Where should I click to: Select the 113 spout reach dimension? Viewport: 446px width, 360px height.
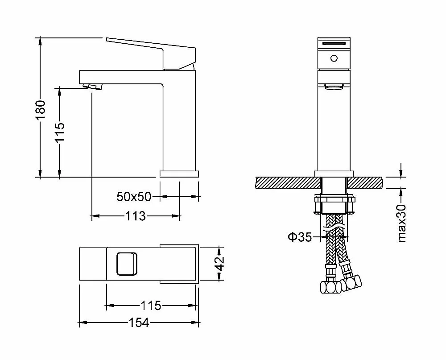136,216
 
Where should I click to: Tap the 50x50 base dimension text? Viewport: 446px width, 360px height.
134,197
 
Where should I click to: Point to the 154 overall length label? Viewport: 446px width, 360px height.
139,323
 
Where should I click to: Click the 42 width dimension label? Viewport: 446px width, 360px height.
219,264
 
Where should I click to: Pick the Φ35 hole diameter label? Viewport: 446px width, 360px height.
300,237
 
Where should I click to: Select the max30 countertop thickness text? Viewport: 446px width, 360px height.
402,223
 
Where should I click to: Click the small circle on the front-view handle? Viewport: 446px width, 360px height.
334,58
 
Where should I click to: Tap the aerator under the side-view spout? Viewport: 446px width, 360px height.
92,87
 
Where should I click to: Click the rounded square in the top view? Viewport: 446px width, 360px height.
127,264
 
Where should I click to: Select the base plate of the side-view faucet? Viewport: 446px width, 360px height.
179,174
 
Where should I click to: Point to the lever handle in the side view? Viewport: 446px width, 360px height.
151,53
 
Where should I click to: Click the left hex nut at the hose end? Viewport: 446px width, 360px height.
330,287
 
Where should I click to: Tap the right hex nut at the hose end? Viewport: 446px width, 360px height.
351,282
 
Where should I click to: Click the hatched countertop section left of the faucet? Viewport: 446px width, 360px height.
289,183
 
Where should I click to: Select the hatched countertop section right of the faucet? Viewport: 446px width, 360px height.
365,183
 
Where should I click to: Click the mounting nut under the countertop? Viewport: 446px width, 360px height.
334,204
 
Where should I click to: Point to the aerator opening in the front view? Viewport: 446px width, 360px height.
334,87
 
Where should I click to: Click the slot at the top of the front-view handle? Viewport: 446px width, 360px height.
334,43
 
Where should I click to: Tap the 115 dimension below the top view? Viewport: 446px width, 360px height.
151,306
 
